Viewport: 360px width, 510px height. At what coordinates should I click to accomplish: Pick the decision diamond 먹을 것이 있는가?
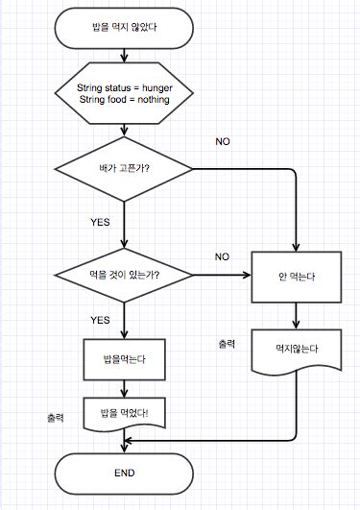click(124, 277)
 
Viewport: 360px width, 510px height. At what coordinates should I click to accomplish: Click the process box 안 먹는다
click(296, 277)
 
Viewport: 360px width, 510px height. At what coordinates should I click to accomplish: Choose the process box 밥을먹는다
click(124, 361)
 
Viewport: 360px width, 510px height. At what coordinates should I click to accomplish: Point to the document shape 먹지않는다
click(296, 352)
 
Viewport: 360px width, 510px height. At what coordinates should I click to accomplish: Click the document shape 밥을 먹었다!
click(124, 414)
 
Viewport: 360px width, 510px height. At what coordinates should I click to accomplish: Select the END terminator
click(124, 473)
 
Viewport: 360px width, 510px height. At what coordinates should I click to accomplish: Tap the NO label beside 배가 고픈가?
click(223, 142)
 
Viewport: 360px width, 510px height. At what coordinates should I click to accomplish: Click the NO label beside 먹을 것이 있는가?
click(223, 256)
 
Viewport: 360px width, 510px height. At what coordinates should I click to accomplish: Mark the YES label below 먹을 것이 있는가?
click(100, 320)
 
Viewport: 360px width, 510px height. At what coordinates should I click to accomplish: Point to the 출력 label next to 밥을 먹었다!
click(55, 418)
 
